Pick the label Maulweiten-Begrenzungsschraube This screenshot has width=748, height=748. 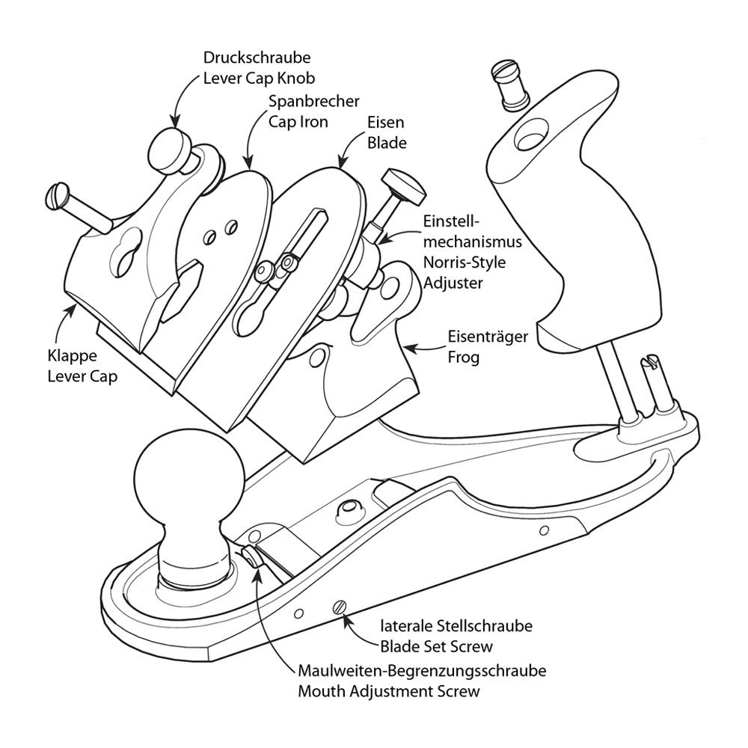pos(421,670)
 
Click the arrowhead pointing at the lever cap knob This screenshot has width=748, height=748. pos(175,120)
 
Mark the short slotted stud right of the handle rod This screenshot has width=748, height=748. pos(649,381)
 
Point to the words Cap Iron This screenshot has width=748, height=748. pos(298,121)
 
